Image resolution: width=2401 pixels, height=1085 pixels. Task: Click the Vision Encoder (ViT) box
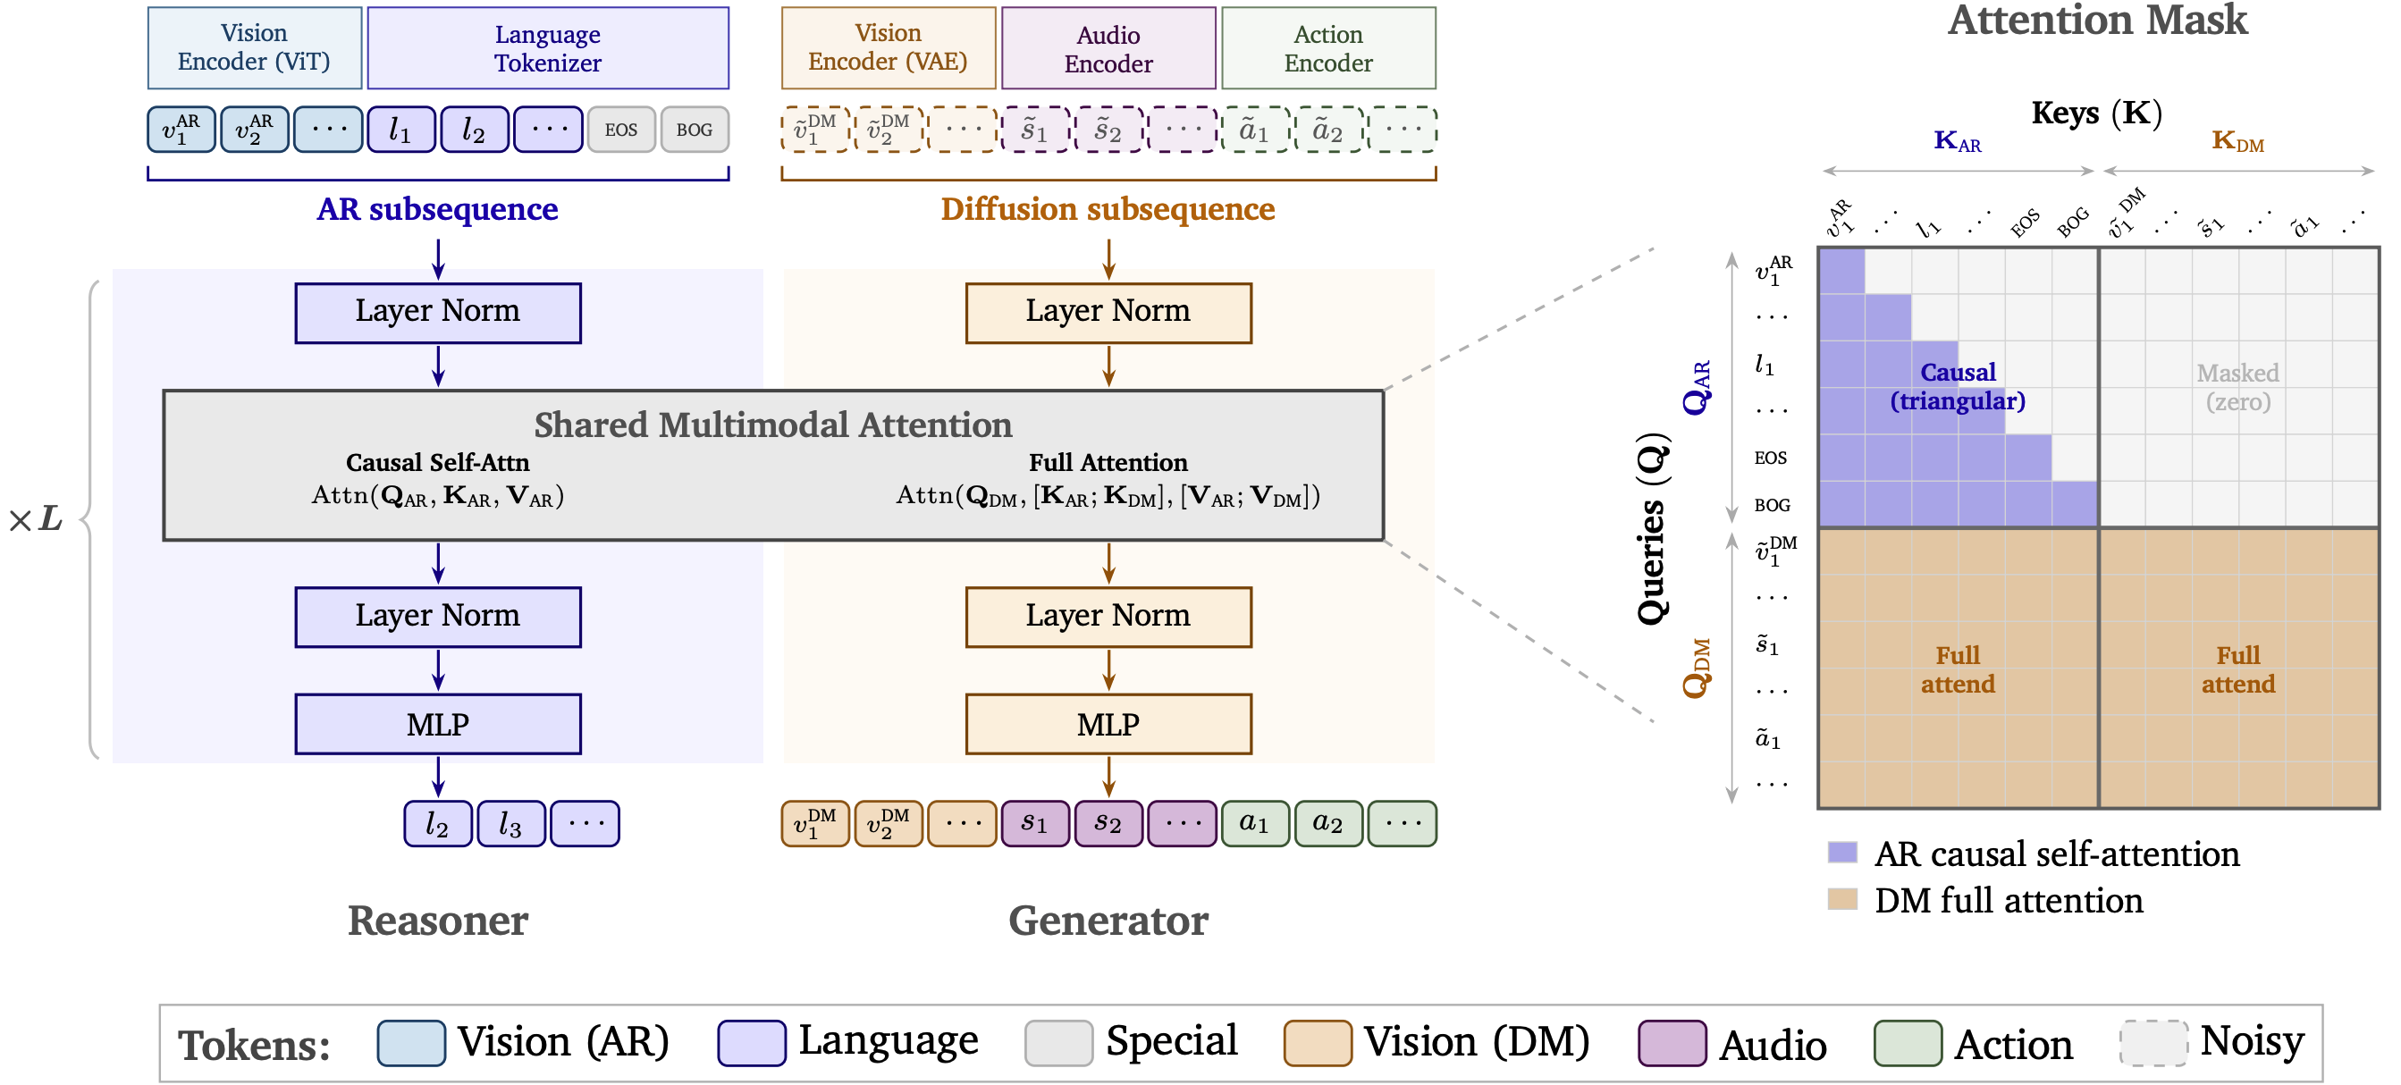pos(255,47)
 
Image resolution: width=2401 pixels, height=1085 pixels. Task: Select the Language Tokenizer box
pos(548,47)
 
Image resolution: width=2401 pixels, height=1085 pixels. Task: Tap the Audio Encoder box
pos(1108,47)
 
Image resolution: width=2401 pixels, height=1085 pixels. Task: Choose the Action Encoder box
pos(1328,47)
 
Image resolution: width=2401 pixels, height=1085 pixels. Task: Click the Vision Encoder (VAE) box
pos(889,47)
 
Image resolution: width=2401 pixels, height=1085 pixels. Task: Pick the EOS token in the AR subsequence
pos(620,130)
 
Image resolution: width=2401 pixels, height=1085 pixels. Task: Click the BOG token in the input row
pos(695,130)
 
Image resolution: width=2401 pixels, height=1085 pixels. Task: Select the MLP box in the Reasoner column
pos(438,724)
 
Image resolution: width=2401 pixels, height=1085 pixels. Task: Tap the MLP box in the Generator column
pos(1108,724)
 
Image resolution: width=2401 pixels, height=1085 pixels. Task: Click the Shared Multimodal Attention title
pos(772,425)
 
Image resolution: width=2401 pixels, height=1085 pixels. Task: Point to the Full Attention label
pos(1108,462)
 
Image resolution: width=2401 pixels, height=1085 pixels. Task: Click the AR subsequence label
pos(437,209)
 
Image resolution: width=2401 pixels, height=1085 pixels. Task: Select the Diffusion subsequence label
pos(1108,209)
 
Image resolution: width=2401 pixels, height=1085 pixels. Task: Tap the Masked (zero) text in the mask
pos(2238,388)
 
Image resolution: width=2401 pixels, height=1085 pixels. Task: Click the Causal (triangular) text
pos(1958,387)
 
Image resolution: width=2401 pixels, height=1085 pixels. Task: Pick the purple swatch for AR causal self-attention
pos(1842,852)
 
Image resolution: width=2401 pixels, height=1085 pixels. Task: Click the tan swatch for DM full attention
pos(1842,898)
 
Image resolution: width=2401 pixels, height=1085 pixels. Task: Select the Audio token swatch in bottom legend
pos(1672,1043)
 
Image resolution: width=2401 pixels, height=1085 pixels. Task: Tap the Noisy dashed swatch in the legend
pos(2154,1043)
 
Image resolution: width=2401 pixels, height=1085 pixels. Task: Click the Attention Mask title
pos(2097,21)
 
